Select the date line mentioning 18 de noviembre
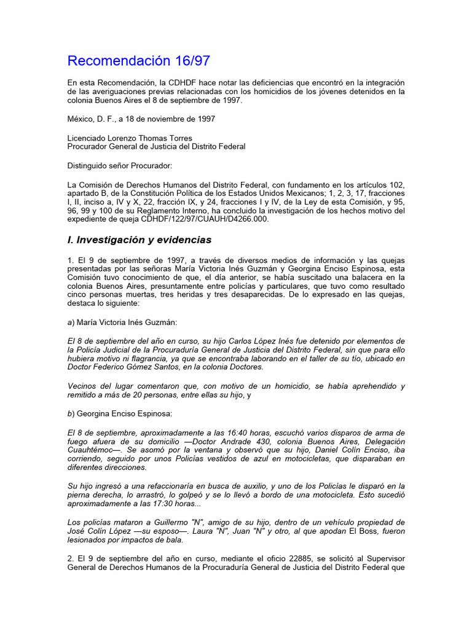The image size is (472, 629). [x=141, y=119]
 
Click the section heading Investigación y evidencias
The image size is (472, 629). [x=140, y=240]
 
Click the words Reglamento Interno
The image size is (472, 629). [x=144, y=210]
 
